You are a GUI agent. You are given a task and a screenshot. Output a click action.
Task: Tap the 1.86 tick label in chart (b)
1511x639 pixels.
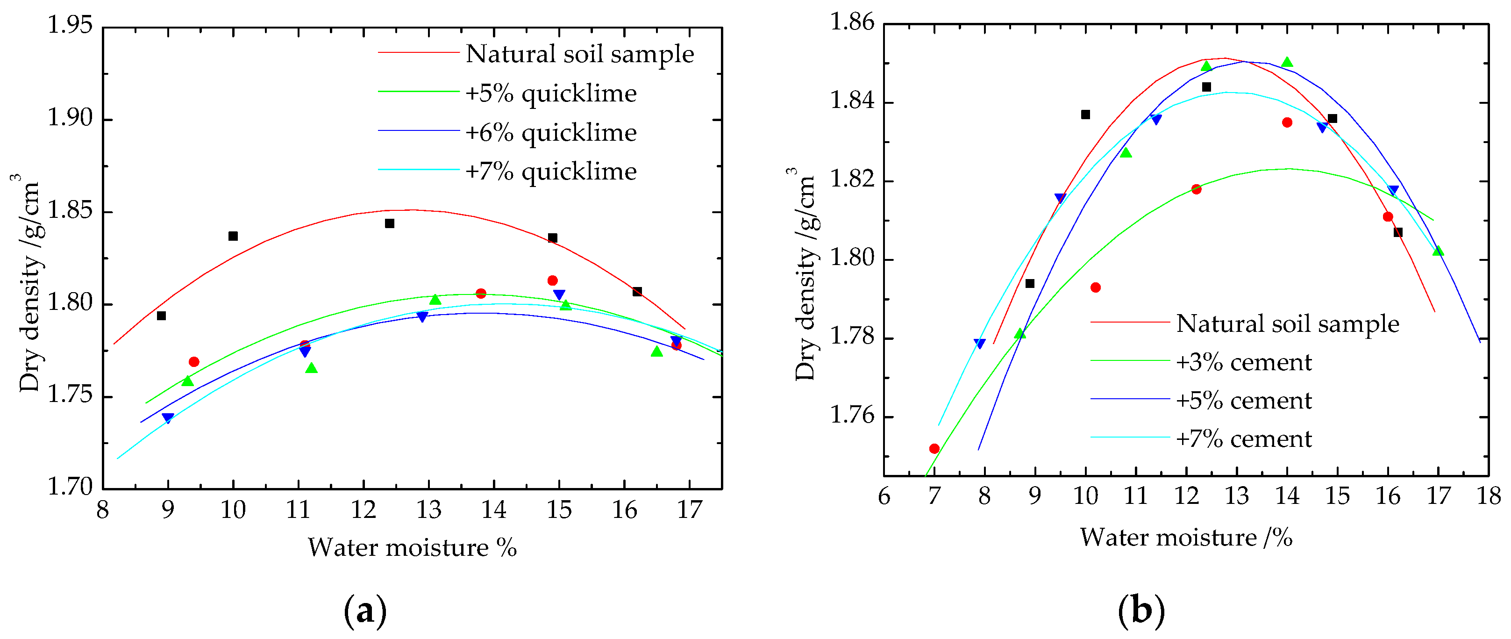(852, 23)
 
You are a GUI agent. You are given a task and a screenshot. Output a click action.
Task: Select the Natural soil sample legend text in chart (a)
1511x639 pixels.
(579, 54)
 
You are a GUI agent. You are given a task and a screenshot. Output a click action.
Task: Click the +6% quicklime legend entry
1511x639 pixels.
(551, 133)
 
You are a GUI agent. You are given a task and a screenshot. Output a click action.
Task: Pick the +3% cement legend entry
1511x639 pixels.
(1244, 363)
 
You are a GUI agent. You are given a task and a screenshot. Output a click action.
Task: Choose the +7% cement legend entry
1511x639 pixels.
(1244, 439)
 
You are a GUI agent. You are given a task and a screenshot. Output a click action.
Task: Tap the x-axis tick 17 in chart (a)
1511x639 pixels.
(689, 510)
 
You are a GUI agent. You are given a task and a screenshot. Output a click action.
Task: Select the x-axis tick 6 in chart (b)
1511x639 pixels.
(884, 496)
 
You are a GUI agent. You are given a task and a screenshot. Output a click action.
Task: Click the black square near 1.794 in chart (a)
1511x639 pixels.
(161, 316)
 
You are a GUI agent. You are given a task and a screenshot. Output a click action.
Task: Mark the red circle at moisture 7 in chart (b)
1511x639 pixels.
(934, 449)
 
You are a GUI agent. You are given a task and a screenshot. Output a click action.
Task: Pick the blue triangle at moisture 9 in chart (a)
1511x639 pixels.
(168, 418)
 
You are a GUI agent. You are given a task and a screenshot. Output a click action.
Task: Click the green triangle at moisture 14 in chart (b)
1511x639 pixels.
(1287, 62)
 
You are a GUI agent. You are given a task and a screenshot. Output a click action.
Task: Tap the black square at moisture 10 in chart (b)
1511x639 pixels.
(1086, 115)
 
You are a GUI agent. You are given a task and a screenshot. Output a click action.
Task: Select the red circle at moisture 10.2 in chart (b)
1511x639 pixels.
(1096, 287)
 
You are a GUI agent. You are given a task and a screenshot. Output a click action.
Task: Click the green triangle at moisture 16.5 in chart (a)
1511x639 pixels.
(657, 352)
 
